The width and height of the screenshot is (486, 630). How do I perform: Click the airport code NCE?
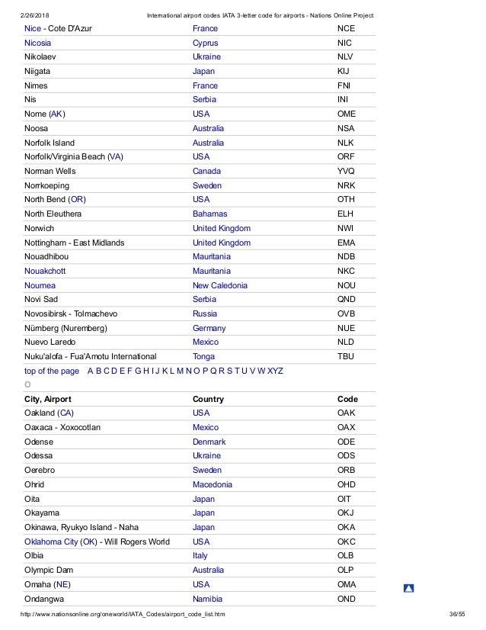[347, 28]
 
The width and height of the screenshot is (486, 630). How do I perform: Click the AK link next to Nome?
[57, 114]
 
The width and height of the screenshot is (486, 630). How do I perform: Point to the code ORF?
[347, 156]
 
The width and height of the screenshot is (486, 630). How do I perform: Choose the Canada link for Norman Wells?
[207, 171]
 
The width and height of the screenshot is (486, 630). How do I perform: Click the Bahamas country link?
[210, 214]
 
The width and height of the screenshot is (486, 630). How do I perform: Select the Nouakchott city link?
[45, 271]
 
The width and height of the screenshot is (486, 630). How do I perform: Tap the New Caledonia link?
[220, 285]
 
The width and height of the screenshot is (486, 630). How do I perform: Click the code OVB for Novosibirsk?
[347, 313]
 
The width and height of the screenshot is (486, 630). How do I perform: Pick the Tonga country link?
[204, 356]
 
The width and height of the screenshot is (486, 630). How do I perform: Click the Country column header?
[208, 399]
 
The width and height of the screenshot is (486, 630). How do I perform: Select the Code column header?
[347, 399]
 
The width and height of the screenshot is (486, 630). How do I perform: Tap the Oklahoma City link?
[50, 542]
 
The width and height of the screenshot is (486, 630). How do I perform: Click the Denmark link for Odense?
[209, 442]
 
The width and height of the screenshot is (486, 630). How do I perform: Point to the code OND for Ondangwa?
[347, 599]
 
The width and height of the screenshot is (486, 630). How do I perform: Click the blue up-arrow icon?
[408, 588]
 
